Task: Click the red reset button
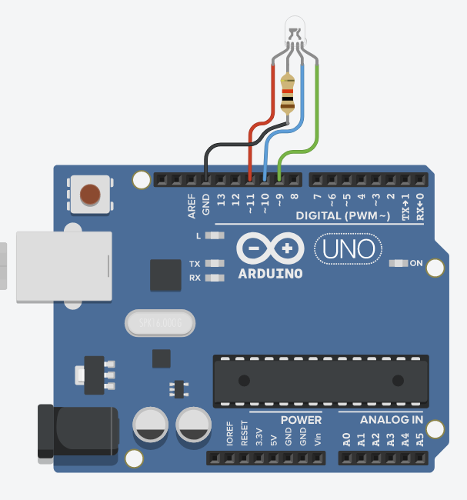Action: click(x=91, y=193)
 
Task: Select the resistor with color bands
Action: click(x=289, y=95)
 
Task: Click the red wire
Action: click(x=274, y=92)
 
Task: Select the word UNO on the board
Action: click(x=348, y=249)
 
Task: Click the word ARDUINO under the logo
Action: click(x=269, y=273)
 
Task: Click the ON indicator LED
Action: click(x=398, y=263)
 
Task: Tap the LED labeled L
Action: click(x=215, y=235)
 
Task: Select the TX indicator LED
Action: click(x=215, y=264)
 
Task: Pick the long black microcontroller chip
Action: click(x=320, y=380)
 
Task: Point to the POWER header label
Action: click(x=301, y=420)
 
